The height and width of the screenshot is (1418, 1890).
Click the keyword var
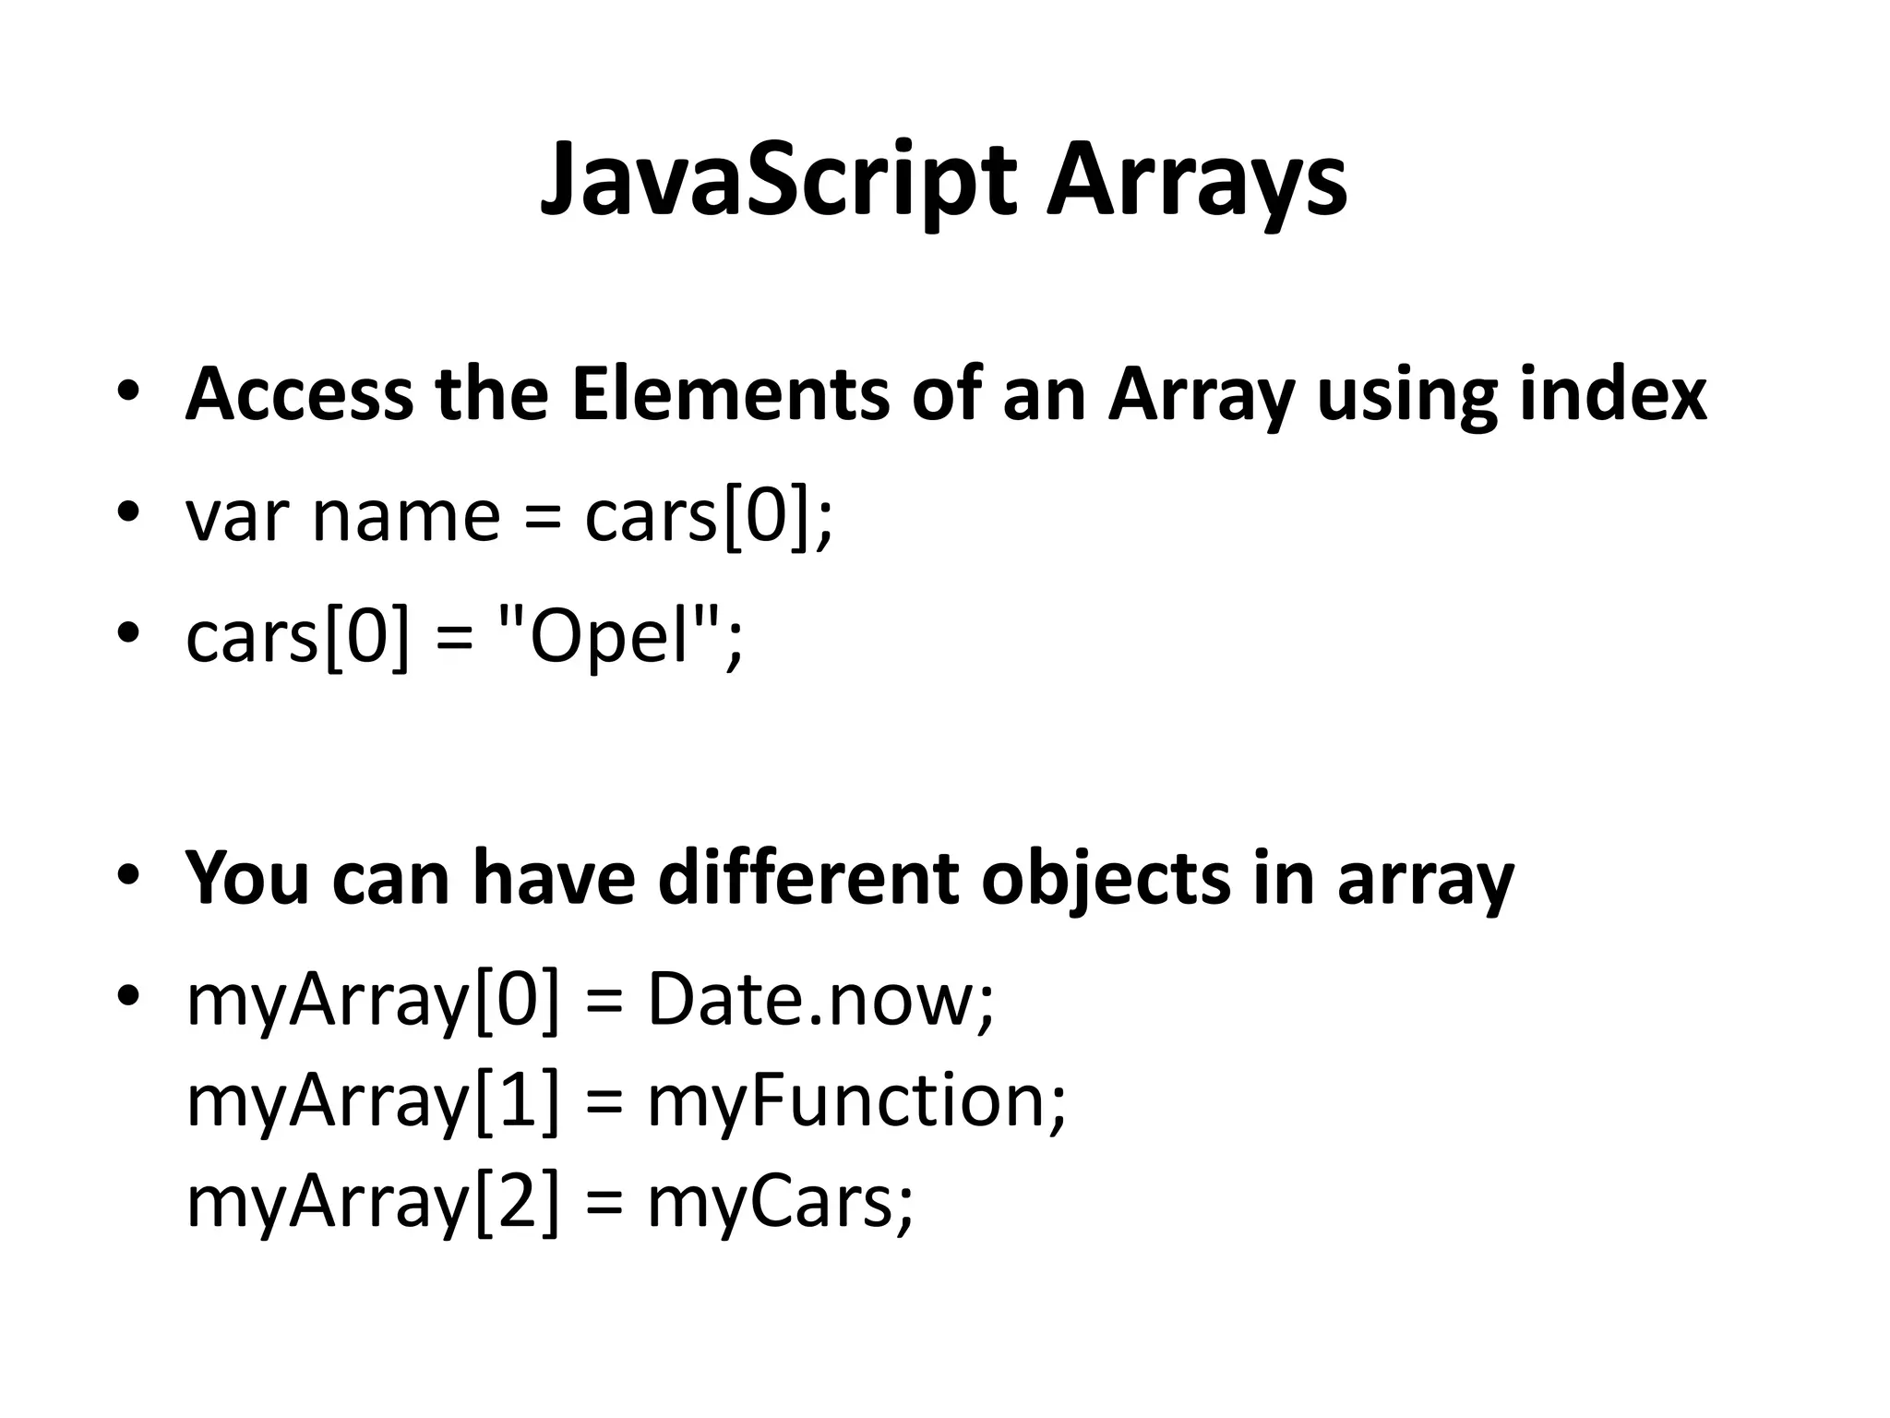click(238, 517)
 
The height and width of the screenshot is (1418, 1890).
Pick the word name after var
click(406, 517)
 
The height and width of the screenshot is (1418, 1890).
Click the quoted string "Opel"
click(608, 637)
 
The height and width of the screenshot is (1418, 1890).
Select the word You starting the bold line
click(246, 877)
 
